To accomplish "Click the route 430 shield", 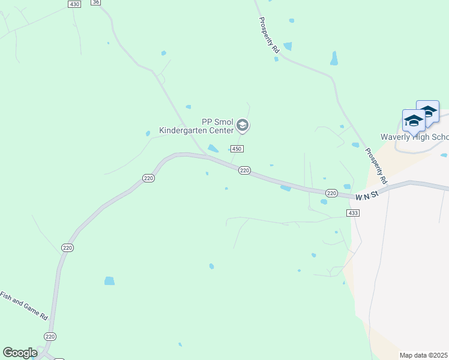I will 74,4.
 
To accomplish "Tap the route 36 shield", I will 96,2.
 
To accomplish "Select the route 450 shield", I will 237,149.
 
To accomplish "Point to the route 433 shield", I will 353,213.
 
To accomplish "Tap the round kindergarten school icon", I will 243,125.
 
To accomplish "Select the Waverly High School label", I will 414,137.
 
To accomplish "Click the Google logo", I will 20,352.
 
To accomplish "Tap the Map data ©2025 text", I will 424,355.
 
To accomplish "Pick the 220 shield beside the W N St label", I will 331,193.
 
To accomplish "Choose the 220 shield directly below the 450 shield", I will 244,170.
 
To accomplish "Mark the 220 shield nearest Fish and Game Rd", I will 50,337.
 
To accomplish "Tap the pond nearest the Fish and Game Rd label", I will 109,281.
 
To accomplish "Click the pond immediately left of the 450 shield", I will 213,148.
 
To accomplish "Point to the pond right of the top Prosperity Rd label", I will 288,46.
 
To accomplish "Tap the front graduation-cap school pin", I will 414,121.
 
